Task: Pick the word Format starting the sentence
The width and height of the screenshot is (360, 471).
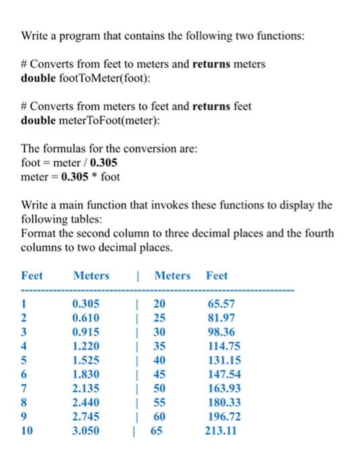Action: [x=39, y=233]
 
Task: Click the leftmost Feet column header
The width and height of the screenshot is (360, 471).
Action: [x=32, y=275]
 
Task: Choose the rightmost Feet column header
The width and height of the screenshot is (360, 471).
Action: [x=217, y=275]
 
